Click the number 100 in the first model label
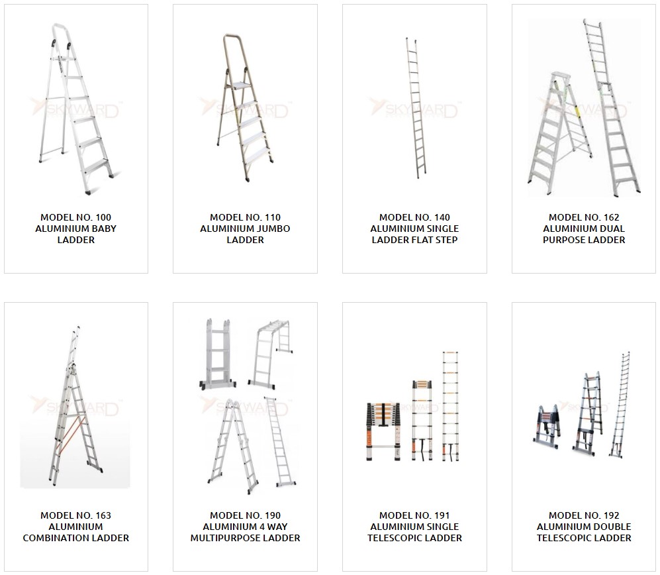tap(103, 217)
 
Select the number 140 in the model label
tap(442, 217)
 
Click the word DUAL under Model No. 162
tap(614, 229)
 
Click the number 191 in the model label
tap(442, 515)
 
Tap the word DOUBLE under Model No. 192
tap(614, 527)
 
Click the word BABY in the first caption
tap(105, 229)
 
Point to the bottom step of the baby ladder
tap(96, 165)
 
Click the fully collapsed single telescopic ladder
tap(383, 432)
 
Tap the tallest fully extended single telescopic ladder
tap(450, 406)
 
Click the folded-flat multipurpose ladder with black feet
tap(218, 353)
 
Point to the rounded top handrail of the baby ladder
tap(60, 34)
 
